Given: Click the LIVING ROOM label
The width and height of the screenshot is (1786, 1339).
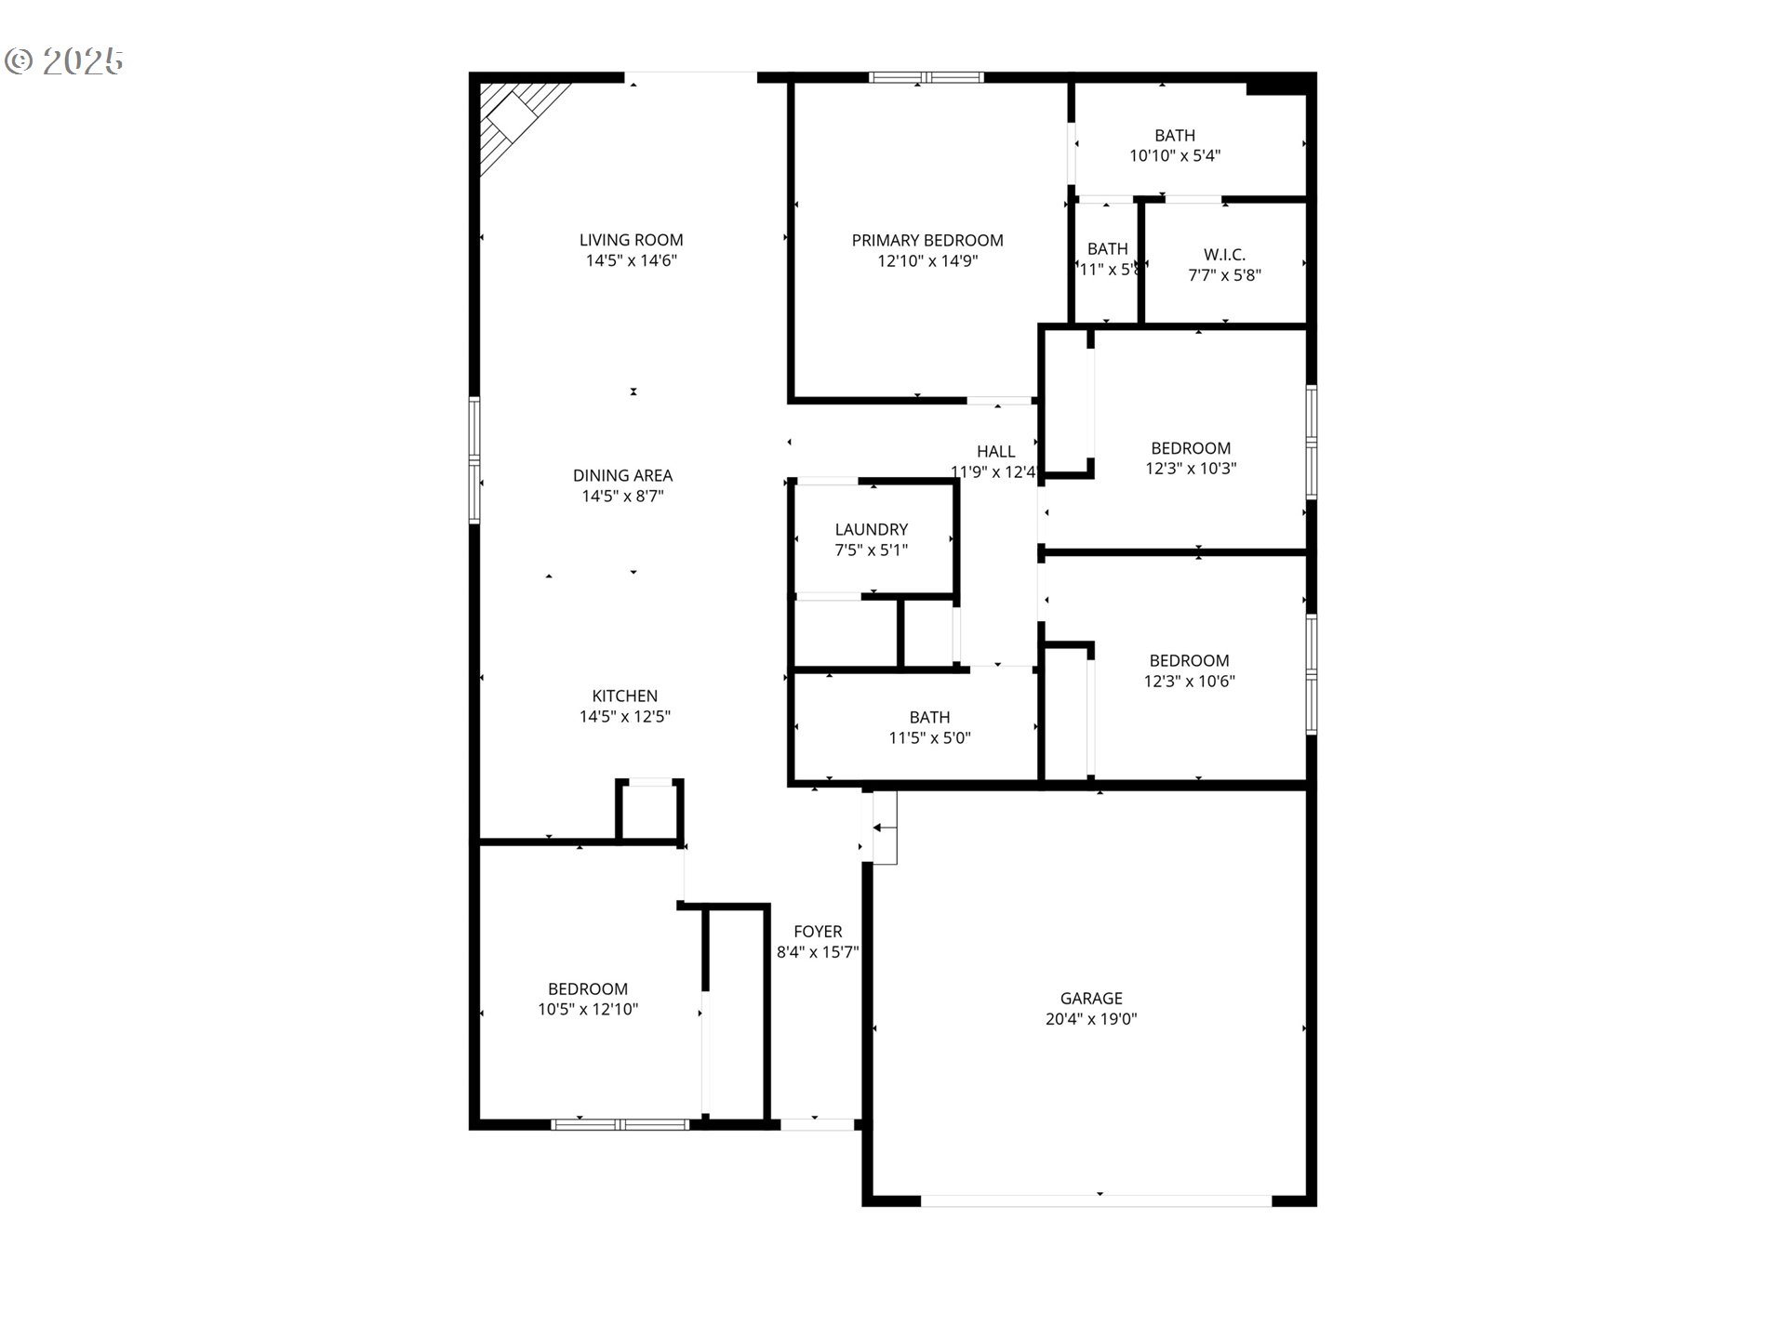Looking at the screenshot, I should [631, 240].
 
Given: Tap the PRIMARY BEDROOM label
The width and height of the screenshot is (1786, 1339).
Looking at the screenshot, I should [927, 241].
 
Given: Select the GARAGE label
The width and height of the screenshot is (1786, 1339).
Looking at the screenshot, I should [1091, 999].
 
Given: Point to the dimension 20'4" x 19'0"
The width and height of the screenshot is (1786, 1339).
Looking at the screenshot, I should [1091, 1019].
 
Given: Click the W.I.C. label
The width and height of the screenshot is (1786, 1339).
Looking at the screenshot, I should [1224, 255].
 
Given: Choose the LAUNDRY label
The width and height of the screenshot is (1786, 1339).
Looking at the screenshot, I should [872, 530].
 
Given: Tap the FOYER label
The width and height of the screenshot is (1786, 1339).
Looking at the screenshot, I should [818, 932].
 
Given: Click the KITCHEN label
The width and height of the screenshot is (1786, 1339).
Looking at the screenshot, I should [625, 696].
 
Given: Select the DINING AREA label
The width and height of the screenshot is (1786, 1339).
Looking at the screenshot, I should [622, 476].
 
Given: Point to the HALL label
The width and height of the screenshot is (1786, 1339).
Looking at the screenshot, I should [995, 452].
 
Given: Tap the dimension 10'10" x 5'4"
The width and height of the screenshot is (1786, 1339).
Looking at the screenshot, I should [1175, 156].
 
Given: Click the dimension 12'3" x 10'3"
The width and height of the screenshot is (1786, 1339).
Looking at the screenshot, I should [1191, 469].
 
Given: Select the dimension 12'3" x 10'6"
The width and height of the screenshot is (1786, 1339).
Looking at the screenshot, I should [1190, 682].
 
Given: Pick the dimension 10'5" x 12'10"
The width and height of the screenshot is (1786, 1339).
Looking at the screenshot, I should [588, 1010].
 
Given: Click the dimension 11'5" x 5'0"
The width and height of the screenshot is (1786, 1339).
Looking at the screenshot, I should [930, 738].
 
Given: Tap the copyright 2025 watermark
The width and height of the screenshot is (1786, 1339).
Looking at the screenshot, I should [64, 61].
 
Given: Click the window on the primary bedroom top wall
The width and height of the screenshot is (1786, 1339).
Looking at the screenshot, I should [926, 78].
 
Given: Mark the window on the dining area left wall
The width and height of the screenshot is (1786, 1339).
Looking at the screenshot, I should [474, 460].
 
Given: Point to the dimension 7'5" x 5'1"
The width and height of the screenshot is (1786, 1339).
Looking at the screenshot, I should [872, 550].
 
